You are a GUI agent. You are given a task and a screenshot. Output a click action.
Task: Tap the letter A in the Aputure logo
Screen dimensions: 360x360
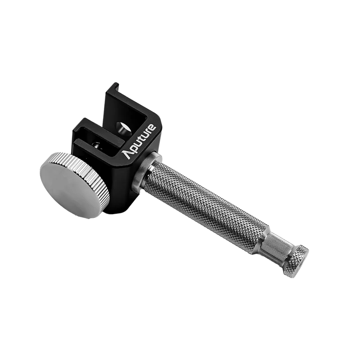127,154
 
